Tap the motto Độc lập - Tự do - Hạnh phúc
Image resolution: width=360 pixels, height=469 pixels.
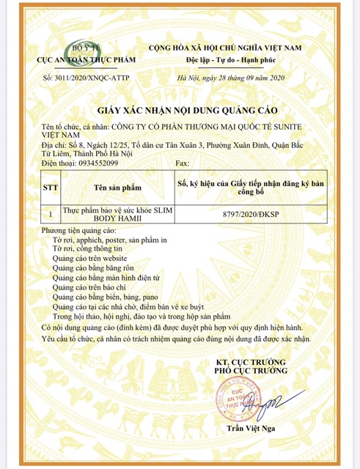click(238, 57)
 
